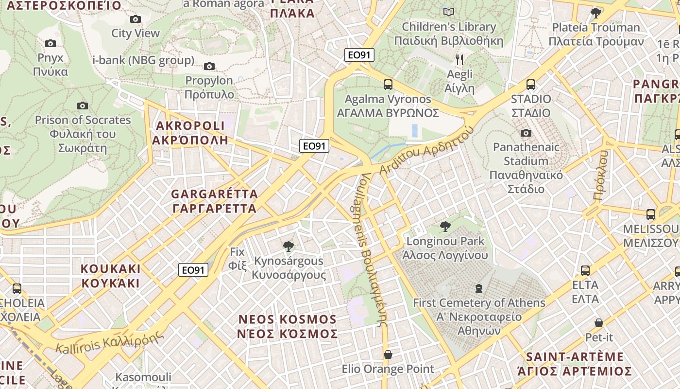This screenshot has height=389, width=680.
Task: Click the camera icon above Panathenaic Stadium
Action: (526, 133)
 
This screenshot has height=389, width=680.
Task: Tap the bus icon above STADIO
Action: (531, 85)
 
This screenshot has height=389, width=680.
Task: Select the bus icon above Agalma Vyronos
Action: (388, 85)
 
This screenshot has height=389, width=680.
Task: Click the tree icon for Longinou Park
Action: (445, 226)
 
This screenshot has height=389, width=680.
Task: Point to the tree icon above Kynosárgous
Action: (289, 247)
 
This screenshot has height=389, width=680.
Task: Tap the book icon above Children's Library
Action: (449, 12)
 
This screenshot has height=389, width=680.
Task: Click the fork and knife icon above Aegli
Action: (459, 60)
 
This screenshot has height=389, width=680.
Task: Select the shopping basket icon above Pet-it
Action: (599, 323)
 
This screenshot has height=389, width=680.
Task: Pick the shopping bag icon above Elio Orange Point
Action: (388, 354)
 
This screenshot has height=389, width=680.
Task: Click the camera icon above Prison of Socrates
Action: (83, 106)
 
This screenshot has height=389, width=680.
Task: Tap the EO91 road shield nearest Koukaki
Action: (193, 270)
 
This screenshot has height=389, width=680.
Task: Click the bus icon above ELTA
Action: (585, 270)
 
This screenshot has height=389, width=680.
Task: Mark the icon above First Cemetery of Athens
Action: (479, 288)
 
